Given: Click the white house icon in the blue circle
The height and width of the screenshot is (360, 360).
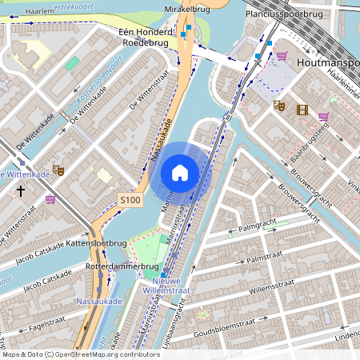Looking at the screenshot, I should tap(180, 173).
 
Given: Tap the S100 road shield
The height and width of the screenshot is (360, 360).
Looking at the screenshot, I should tap(129, 198).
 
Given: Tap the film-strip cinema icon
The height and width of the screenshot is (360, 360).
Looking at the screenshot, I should tap(302, 110).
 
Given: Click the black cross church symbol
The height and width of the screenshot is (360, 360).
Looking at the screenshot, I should tap(21, 191).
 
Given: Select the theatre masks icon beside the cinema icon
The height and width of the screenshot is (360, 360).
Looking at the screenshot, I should tap(279, 105).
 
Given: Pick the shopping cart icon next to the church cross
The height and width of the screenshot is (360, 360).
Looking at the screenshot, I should tap(50, 199).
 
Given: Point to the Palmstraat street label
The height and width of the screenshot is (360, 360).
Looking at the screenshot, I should tap(266, 260).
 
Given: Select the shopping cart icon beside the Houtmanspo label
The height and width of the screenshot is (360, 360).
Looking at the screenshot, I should tap(282, 56).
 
